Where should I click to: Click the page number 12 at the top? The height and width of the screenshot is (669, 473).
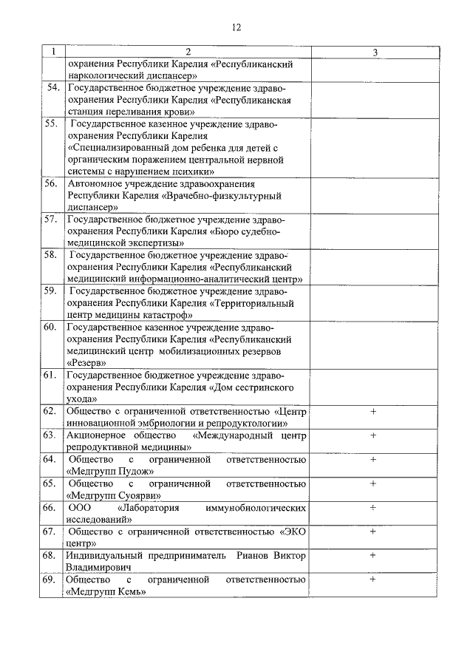pyautogui.click(x=236, y=27)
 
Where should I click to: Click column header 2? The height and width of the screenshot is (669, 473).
pyautogui.click(x=188, y=52)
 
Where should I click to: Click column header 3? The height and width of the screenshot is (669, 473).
pyautogui.click(x=375, y=52)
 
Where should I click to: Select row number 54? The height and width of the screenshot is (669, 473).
pyautogui.click(x=52, y=88)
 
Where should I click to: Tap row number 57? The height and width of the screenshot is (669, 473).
pyautogui.click(x=52, y=220)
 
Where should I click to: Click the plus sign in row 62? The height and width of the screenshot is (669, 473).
pyautogui.click(x=373, y=412)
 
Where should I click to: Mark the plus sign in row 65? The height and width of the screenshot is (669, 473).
pyautogui.click(x=373, y=483)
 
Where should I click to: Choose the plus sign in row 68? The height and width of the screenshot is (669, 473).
pyautogui.click(x=373, y=555)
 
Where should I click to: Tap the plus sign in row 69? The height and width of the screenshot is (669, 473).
pyautogui.click(x=373, y=580)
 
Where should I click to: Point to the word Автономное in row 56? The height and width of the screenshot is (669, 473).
pyautogui.click(x=95, y=183)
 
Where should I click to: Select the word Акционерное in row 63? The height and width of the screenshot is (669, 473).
pyautogui.click(x=97, y=435)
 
